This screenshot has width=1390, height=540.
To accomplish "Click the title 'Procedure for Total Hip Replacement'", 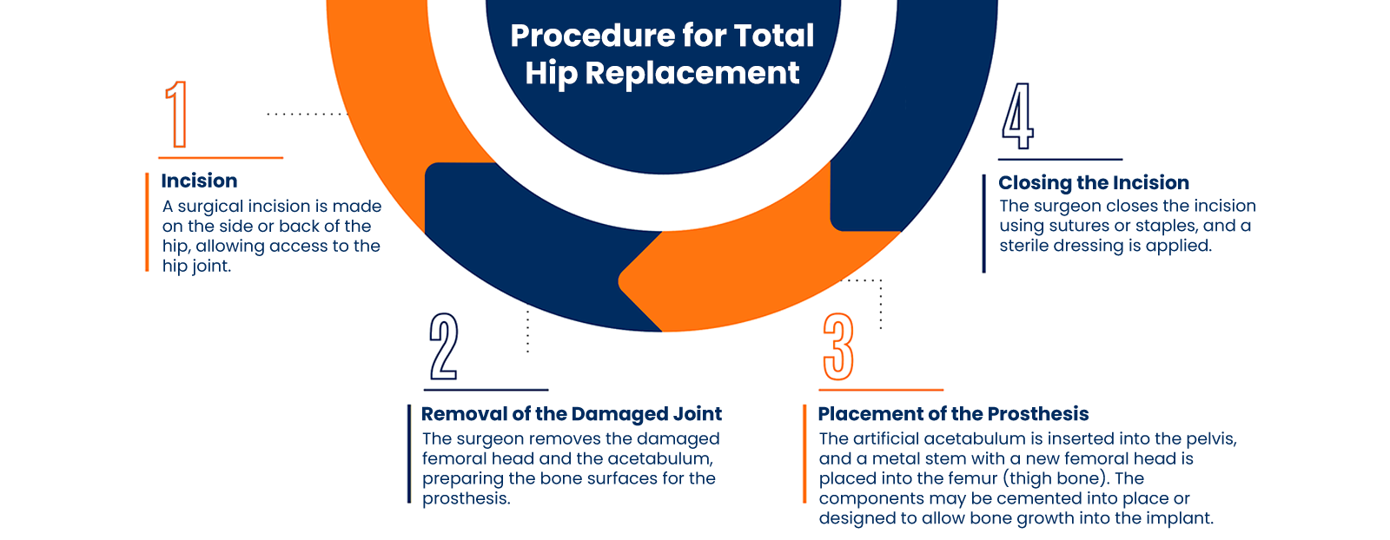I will (x=662, y=54).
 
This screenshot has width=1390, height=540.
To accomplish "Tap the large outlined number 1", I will (x=177, y=115).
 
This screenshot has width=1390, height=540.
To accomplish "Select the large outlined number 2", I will (x=443, y=346).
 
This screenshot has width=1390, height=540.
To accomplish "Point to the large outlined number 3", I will (x=838, y=346).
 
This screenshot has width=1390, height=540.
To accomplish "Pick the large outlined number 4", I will (x=1017, y=116).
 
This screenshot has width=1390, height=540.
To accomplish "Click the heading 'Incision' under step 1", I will (x=199, y=181).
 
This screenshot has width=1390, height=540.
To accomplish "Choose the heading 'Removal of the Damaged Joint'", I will (x=572, y=414).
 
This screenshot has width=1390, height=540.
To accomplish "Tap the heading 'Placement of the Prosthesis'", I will (x=953, y=414).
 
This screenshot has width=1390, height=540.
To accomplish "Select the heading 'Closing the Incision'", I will (x=1094, y=182).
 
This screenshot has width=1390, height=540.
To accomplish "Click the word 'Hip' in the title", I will (x=551, y=74).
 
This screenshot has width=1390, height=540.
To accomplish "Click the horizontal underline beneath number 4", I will (x=1060, y=160).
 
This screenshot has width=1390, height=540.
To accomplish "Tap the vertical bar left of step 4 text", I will (x=984, y=224).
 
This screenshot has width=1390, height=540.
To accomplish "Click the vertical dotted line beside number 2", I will (x=527, y=331).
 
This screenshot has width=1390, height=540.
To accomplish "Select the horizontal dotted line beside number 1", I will (x=306, y=114).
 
